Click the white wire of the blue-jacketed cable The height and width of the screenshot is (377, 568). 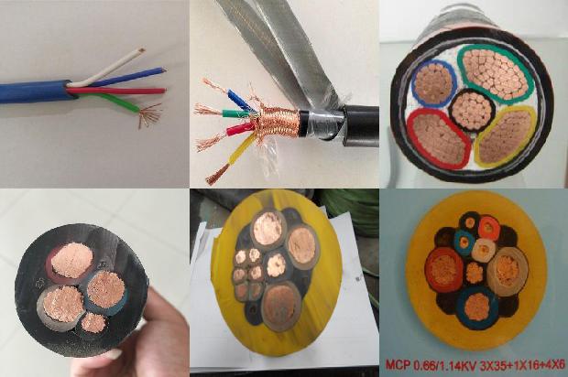[109, 68]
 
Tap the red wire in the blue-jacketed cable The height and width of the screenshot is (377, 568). [119, 91]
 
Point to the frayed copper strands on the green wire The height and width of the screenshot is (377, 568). [149, 115]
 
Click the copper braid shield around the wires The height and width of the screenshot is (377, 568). [277, 124]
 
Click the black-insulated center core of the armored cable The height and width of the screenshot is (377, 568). [472, 110]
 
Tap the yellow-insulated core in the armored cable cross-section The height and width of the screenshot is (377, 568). [506, 137]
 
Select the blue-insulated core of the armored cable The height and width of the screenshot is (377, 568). [434, 83]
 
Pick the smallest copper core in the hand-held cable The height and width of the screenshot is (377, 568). [93, 323]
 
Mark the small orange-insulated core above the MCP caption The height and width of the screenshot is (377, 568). [488, 227]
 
